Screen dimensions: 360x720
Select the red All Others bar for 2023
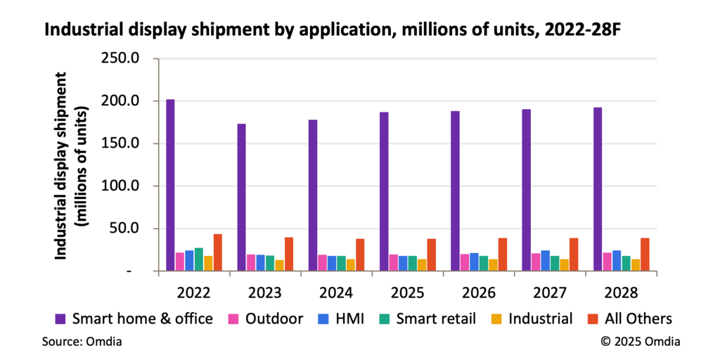289,254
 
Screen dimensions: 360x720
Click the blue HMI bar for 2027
546,260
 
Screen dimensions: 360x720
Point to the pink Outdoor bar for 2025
394,262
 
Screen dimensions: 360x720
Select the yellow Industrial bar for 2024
351,265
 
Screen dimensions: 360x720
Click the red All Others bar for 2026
503,254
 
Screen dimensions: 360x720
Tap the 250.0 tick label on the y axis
121,58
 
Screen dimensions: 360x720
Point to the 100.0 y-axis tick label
121,186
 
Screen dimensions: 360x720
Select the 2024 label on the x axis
336,290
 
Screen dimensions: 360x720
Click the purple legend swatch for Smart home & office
60,319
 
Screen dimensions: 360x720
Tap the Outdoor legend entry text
274,319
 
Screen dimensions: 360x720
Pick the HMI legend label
350,319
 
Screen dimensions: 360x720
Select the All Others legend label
636,319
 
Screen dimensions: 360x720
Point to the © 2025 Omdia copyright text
640,342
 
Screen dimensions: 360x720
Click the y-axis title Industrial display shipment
61,165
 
